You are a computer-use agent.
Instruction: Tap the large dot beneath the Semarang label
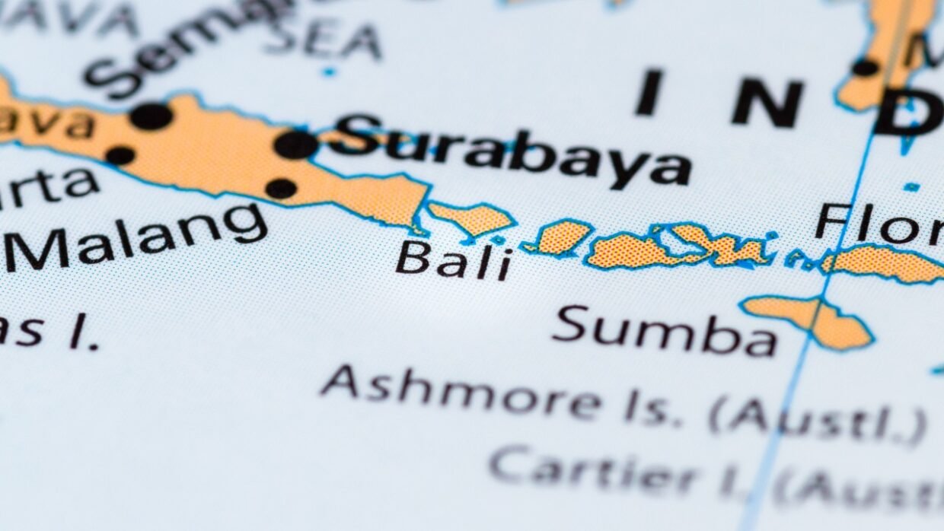(151, 116)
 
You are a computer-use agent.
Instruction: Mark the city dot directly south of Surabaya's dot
(281, 188)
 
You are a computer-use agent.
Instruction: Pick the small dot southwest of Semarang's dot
(120, 155)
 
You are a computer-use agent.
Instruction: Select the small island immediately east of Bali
(562, 237)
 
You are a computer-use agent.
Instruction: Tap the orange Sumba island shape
(811, 320)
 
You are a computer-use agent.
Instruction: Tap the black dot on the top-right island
(865, 67)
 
